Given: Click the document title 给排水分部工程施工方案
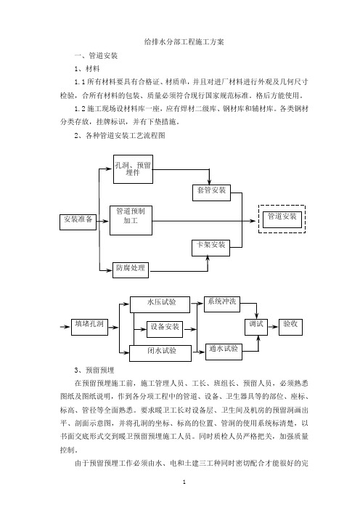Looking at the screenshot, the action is [184, 42].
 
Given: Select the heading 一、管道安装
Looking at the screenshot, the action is [96, 56].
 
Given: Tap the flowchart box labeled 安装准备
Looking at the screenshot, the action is [78, 222].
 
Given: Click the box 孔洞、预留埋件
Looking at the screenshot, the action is [133, 169].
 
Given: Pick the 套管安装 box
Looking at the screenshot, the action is [211, 193].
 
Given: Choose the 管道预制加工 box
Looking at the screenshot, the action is [131, 220].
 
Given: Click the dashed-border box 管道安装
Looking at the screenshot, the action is [282, 219].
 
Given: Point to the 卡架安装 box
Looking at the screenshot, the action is [211, 248].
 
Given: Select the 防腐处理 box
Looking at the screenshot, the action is [131, 270].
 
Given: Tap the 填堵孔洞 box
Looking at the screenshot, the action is [89, 327].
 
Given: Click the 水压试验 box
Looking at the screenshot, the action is [160, 304].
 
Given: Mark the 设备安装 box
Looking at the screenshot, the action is [165, 329].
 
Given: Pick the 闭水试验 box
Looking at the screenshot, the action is [160, 353].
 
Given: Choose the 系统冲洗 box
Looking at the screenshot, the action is [222, 304].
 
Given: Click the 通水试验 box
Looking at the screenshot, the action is [224, 352].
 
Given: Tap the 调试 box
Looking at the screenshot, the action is [256, 327].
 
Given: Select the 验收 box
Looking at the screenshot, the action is [290, 327].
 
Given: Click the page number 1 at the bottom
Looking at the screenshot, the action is [184, 482].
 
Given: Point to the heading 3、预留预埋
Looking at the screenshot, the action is [94, 370].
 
